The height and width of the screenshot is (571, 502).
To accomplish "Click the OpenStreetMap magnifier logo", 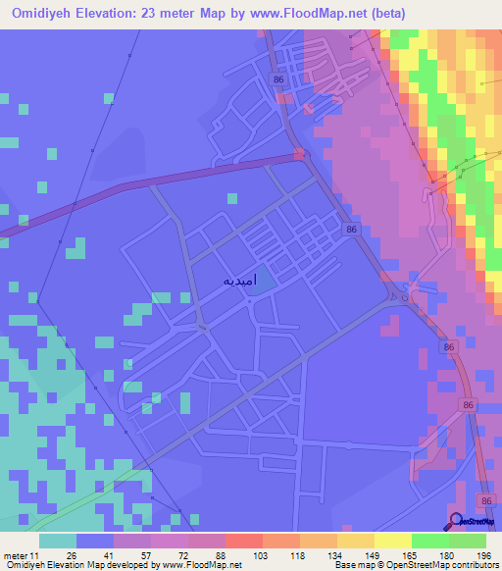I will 457,521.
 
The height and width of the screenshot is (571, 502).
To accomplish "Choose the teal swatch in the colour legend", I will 58,542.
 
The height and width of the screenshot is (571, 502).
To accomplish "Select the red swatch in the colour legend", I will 243,542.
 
